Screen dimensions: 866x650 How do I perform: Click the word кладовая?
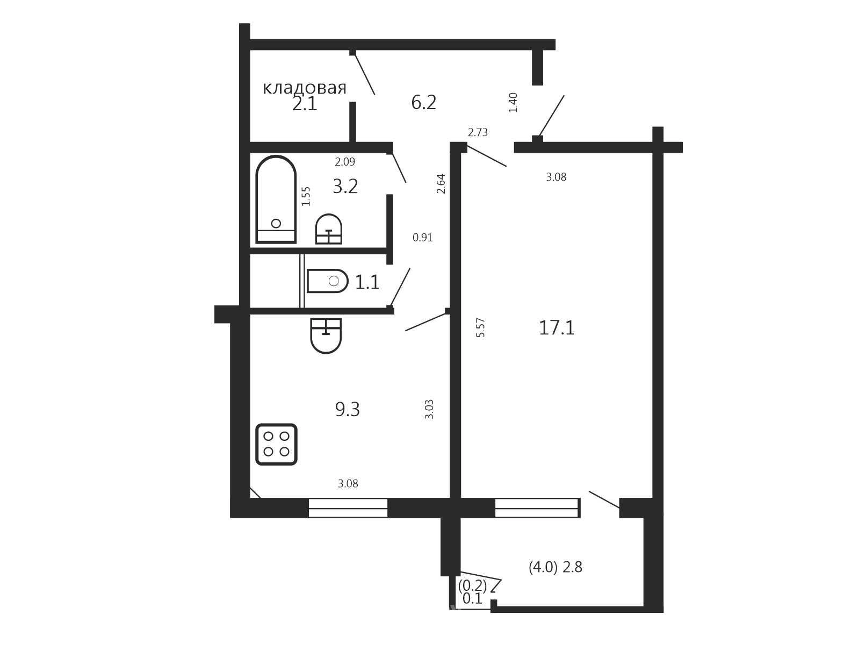(304, 88)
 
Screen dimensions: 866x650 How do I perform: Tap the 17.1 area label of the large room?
(556, 327)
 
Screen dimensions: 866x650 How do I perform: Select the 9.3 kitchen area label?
(347, 409)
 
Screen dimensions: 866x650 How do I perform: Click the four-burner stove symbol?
(276, 444)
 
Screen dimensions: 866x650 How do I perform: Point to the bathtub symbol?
(276, 199)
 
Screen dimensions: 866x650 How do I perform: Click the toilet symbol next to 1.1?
(328, 281)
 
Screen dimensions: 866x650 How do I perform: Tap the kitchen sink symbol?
(326, 335)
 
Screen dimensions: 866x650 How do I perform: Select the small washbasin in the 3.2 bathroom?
(329, 229)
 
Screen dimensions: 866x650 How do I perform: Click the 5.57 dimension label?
(480, 327)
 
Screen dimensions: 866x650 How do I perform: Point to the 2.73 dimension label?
(478, 132)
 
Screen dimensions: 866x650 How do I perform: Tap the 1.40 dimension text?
(513, 102)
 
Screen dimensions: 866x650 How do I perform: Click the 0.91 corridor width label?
(423, 237)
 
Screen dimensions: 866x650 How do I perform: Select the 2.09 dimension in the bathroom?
(345, 161)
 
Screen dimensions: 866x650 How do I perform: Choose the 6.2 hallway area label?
(423, 103)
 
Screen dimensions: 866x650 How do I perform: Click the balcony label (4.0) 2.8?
(555, 567)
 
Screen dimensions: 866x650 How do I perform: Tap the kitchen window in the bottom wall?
(348, 508)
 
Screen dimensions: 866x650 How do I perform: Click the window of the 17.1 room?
(537, 508)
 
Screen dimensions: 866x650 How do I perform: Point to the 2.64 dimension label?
(441, 183)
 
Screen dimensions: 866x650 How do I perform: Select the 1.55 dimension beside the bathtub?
(306, 196)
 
